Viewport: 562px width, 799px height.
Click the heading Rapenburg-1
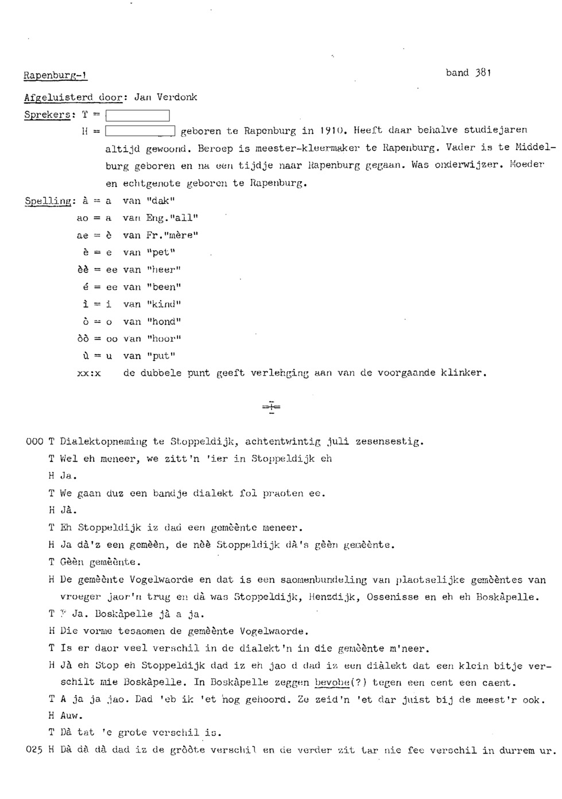(x=55, y=76)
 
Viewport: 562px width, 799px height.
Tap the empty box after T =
(x=138, y=115)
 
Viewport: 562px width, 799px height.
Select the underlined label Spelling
(x=48, y=201)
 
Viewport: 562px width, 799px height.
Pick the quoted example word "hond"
(x=164, y=322)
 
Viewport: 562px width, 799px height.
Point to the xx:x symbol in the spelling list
(x=89, y=373)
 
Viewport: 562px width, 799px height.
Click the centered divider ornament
(x=271, y=407)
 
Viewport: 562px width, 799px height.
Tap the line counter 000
(x=34, y=442)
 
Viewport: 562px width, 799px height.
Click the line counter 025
(x=34, y=750)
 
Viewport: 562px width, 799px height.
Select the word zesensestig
(x=389, y=442)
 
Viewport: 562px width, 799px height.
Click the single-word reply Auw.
(x=71, y=716)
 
